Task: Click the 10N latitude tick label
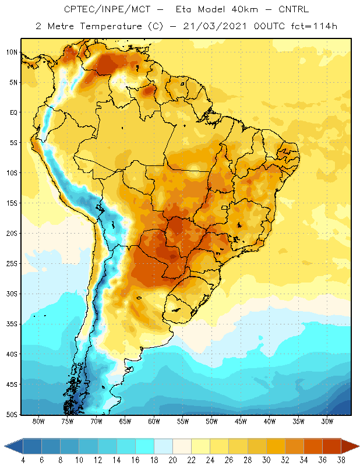(x=12, y=52)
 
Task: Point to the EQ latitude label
(x=13, y=112)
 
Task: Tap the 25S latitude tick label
(x=12, y=264)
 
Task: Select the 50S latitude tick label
(x=12, y=414)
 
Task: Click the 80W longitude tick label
(x=38, y=421)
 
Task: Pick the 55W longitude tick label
(x=183, y=421)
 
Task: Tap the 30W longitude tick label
(x=327, y=421)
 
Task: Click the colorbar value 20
(x=172, y=460)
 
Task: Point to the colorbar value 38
(x=341, y=460)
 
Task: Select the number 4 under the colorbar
(x=23, y=460)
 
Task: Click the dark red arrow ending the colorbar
(x=350, y=446)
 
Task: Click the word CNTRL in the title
(x=294, y=9)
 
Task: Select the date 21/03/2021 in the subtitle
(x=214, y=26)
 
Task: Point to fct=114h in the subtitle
(x=314, y=26)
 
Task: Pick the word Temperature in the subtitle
(x=111, y=26)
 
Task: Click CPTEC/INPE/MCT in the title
(x=107, y=9)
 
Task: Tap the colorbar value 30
(x=266, y=460)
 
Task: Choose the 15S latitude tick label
(x=12, y=203)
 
